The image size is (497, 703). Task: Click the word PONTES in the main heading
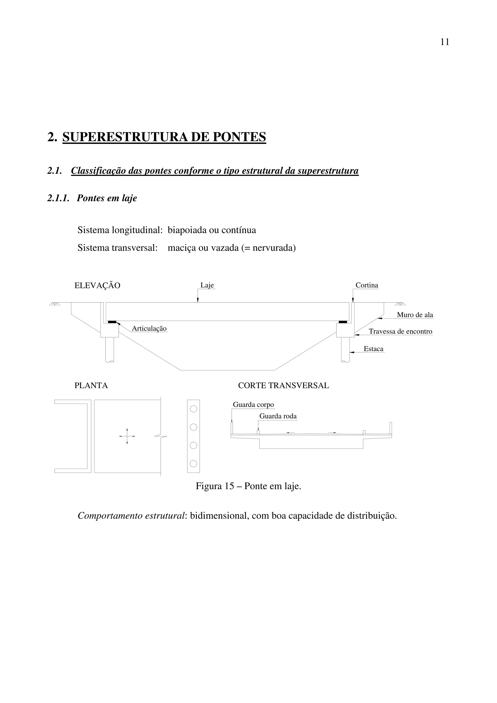239,137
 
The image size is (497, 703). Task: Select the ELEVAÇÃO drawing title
97,286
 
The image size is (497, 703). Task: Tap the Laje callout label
207,285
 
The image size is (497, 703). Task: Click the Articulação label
149,328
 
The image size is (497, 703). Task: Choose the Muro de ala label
415,315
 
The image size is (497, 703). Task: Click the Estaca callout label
373,349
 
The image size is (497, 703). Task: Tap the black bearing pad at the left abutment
112,322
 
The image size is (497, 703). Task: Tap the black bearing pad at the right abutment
343,322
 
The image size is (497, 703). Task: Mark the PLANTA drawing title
91,385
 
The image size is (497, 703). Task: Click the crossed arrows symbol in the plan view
127,436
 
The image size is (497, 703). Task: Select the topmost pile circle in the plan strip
193,409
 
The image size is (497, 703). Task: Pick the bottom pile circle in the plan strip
193,464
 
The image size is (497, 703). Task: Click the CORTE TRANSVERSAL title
283,385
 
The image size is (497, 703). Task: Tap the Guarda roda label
278,416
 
